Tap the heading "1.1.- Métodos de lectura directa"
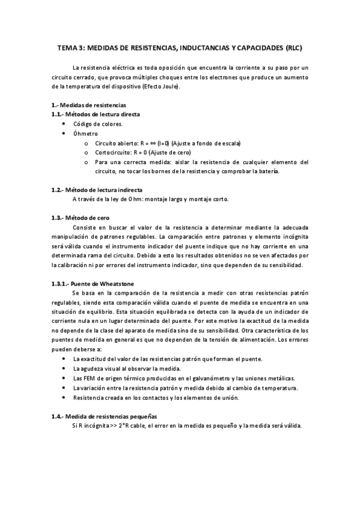pyautogui.click(x=96, y=114)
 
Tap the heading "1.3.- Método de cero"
pyautogui.click(x=81, y=217)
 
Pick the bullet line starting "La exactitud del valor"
pyautogui.click(x=167, y=358)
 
